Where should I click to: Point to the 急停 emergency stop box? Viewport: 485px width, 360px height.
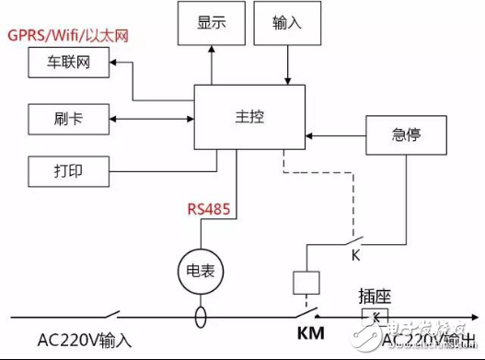coord(406,135)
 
